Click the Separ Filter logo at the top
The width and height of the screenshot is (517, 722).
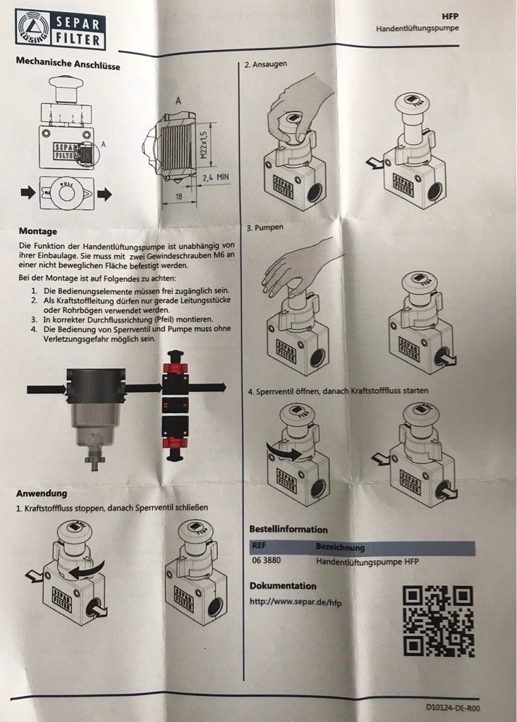tap(61, 29)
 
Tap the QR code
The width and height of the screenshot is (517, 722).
tap(438, 621)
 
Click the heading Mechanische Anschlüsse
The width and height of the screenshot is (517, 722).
tap(68, 63)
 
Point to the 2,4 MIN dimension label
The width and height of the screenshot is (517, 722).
tap(216, 177)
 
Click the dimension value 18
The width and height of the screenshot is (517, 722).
tap(178, 196)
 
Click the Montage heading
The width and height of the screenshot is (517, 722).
tap(38, 231)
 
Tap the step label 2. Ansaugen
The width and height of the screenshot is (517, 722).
tap(265, 64)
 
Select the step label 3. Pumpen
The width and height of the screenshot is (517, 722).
tap(265, 228)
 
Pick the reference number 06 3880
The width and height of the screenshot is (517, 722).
tap(266, 561)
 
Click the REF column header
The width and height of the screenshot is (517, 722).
tap(259, 546)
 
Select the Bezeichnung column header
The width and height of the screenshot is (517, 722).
tap(340, 547)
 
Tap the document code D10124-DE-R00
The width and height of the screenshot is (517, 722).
tap(453, 708)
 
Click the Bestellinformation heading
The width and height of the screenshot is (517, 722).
tap(288, 529)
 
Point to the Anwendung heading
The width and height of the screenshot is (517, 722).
tap(42, 493)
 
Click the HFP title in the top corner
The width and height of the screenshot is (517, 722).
tap(450, 16)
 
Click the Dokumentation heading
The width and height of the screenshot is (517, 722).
tap(283, 586)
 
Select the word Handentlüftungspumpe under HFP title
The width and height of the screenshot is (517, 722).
tap(418, 28)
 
